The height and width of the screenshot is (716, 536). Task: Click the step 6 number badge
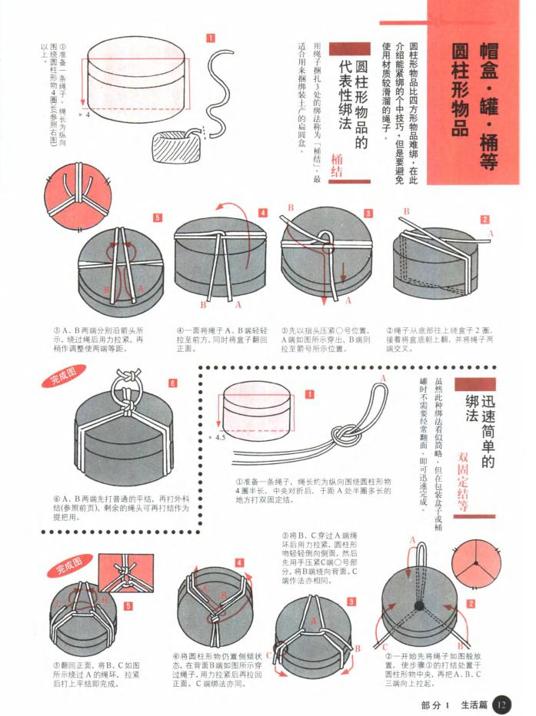172,383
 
